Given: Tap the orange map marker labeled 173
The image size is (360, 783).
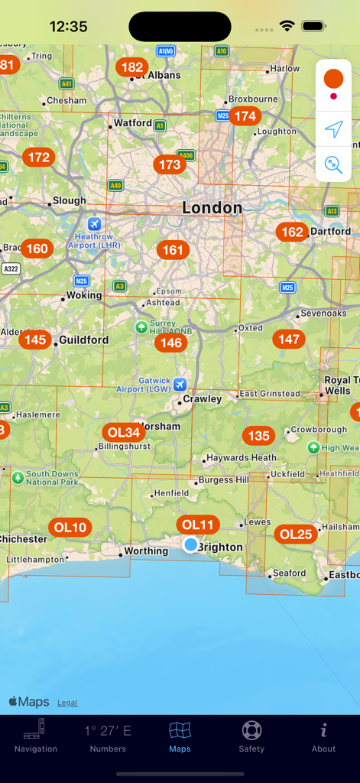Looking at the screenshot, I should (x=169, y=164).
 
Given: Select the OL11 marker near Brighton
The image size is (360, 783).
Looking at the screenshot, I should (x=198, y=525).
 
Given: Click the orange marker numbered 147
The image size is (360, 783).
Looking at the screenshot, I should (x=289, y=339).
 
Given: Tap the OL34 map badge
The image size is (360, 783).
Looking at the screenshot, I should (x=124, y=432).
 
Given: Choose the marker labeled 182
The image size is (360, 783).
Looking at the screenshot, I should (x=132, y=67).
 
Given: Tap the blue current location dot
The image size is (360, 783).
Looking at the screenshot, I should (x=190, y=544).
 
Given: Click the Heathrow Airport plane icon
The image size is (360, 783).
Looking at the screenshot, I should (x=94, y=224).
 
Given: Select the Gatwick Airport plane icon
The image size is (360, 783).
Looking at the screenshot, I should (x=180, y=384).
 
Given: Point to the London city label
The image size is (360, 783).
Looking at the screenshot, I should (x=212, y=208).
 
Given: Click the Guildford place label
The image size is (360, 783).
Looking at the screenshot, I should (x=84, y=340).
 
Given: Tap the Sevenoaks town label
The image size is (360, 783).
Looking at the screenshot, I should (x=323, y=314).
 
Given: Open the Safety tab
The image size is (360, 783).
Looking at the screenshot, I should (x=251, y=737).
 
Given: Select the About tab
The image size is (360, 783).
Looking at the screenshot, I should (x=323, y=737).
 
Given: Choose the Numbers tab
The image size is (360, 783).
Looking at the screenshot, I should (x=108, y=737).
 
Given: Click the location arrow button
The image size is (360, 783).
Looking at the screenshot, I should (x=333, y=129).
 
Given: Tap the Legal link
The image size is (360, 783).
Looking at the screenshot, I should (x=67, y=703).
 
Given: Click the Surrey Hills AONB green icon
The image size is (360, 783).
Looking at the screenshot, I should (x=141, y=327).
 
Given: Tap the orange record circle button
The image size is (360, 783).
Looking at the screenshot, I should (x=333, y=78).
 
